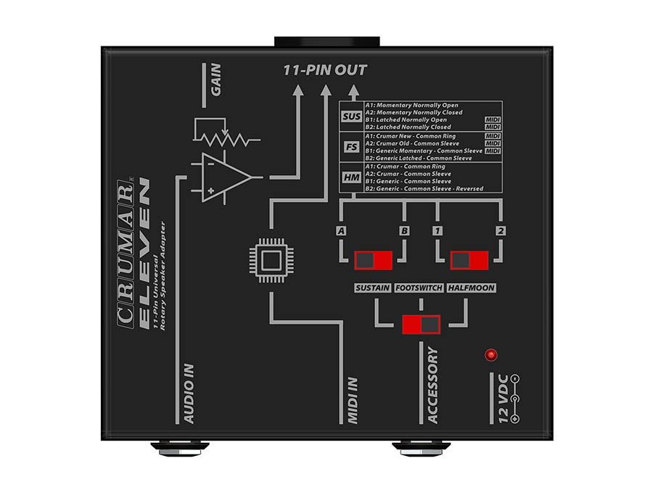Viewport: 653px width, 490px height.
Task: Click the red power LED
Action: coord(491,355)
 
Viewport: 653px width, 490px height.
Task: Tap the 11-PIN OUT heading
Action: coord(325,70)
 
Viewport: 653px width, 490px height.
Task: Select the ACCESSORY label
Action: coord(433,385)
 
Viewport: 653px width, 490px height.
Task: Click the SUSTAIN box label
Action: coord(373,288)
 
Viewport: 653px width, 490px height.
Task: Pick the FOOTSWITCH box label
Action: coord(419,288)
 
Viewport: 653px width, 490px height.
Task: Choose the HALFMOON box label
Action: coord(471,288)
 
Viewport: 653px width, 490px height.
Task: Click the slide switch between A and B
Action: coord(373,261)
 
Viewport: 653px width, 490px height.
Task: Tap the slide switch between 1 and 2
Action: coord(469,261)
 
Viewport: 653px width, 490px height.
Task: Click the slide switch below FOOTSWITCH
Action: coord(422,323)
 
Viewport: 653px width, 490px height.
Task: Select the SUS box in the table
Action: coord(351,116)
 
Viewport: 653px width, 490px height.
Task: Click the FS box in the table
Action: coord(351,147)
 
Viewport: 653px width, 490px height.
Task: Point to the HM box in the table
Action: coord(351,177)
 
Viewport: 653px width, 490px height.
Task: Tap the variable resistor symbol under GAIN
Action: coord(227,135)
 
